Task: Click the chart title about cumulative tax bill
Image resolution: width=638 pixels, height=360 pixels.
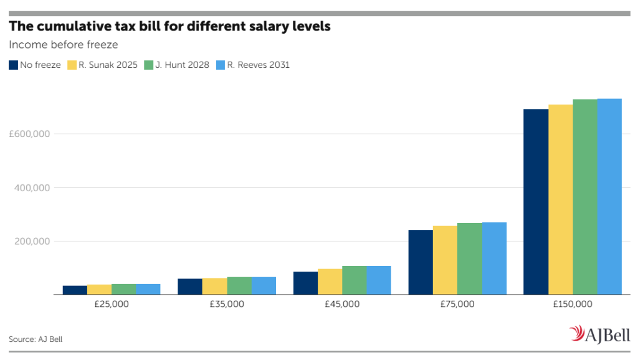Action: pyautogui.click(x=169, y=26)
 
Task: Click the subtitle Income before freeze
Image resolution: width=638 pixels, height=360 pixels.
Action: pyautogui.click(x=64, y=45)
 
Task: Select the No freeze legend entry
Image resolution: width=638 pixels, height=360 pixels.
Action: pyautogui.click(x=35, y=65)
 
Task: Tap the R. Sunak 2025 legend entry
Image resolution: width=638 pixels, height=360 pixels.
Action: pyautogui.click(x=103, y=65)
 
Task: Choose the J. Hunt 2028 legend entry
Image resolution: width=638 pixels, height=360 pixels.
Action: pyautogui.click(x=176, y=65)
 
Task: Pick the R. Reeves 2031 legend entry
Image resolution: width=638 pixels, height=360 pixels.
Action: pyautogui.click(x=253, y=65)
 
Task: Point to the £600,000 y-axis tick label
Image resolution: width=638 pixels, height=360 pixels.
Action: pyautogui.click(x=29, y=134)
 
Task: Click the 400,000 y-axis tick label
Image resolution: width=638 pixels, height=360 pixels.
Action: pyautogui.click(x=32, y=188)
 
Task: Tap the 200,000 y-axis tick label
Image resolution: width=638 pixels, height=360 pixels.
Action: pyautogui.click(x=32, y=241)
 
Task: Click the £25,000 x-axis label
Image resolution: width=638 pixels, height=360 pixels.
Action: pyautogui.click(x=112, y=305)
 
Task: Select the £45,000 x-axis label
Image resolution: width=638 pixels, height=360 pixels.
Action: pyautogui.click(x=342, y=305)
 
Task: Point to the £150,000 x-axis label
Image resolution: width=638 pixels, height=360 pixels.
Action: pyautogui.click(x=573, y=305)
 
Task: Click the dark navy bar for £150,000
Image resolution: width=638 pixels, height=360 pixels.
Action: pyautogui.click(x=536, y=202)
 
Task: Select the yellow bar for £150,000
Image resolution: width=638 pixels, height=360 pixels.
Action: pyautogui.click(x=561, y=200)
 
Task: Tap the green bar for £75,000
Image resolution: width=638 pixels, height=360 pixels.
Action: pyautogui.click(x=470, y=258)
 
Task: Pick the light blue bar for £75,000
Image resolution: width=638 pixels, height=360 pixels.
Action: pyautogui.click(x=494, y=258)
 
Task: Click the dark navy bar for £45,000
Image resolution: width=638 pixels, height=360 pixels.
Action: pyautogui.click(x=305, y=283)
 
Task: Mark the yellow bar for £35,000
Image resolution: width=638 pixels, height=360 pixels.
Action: pyautogui.click(x=214, y=287)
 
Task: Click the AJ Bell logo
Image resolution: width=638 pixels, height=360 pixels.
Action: pyautogui.click(x=599, y=334)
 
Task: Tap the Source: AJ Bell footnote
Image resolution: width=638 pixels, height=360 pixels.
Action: pyautogui.click(x=36, y=339)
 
